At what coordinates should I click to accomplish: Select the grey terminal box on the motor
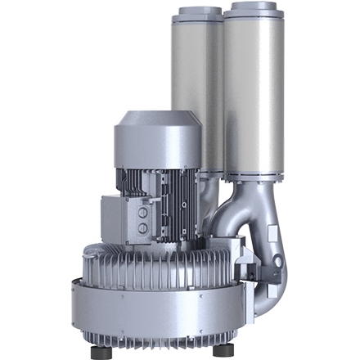coord(123,217)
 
